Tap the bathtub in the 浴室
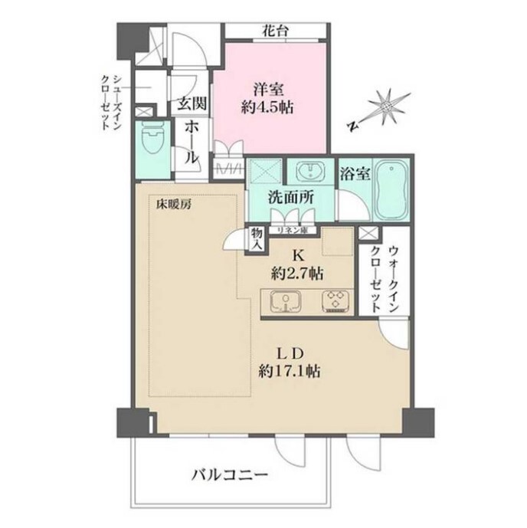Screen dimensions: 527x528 click(391, 190)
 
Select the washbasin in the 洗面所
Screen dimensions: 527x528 click(310, 171)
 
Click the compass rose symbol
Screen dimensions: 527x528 click(387, 107)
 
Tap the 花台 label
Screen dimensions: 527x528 click(276, 31)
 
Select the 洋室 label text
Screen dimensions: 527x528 click(268, 90)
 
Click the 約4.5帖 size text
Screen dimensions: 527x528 click(267, 108)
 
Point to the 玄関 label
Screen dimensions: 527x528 click(191, 104)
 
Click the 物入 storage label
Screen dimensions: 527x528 click(257, 239)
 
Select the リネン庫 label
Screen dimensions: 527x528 click(293, 231)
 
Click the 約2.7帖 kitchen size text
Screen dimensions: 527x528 click(297, 274)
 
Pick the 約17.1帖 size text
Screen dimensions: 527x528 click(290, 372)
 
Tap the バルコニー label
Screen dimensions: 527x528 click(231, 475)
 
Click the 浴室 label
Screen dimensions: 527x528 click(355, 174)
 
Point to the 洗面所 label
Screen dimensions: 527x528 click(291, 197)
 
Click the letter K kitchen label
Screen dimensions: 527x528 click(297, 256)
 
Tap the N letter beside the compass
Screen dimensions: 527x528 click(352, 126)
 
